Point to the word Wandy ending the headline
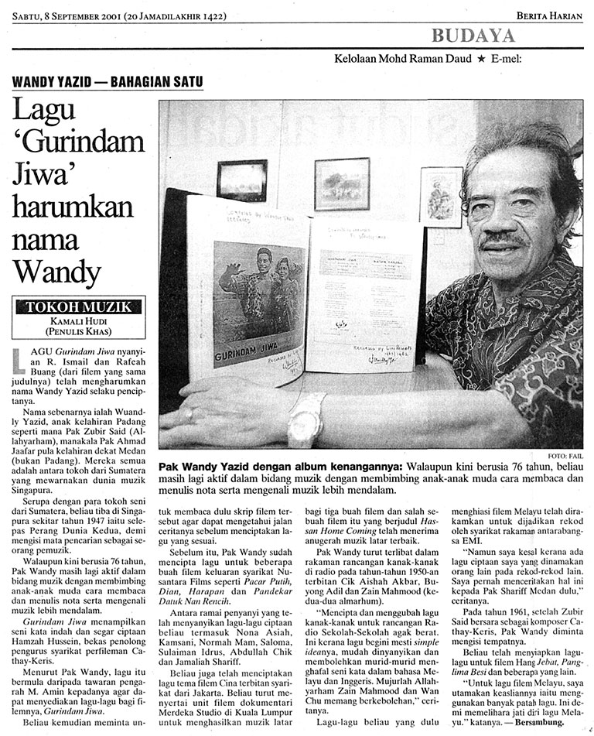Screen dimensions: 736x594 click(59, 272)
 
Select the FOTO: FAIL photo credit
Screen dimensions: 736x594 click(568, 456)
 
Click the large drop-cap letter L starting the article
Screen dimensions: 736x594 click(21, 358)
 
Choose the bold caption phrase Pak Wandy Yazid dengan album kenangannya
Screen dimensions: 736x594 click(280, 468)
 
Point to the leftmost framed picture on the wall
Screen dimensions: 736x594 click(241, 180)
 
